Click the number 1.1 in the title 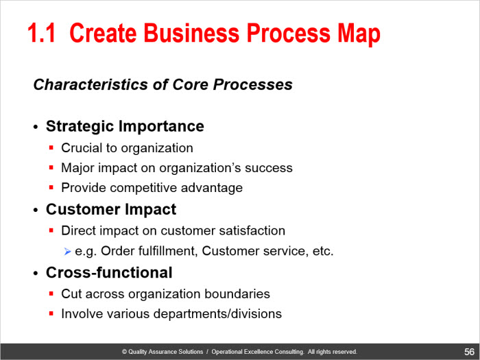pos(42,33)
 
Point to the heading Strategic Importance pos(125,126)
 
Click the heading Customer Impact pos(111,209)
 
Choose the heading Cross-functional pos(109,272)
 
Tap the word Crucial pos(82,148)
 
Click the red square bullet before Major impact pos(51,167)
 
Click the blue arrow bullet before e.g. pos(67,252)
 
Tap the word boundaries pos(237,294)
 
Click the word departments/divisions pos(217,314)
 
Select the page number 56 pos(469,352)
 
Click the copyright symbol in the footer pos(124,352)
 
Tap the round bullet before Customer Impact pos(36,211)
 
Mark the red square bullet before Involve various pos(51,313)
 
